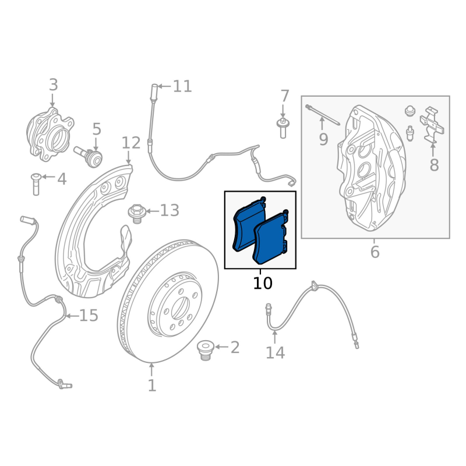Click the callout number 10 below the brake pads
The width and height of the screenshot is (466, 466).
(x=263, y=284)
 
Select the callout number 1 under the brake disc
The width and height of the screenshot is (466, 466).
(x=152, y=386)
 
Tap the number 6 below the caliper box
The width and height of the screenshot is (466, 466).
(x=375, y=252)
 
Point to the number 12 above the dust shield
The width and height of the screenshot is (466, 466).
(x=131, y=143)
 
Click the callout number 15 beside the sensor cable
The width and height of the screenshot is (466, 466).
(x=89, y=316)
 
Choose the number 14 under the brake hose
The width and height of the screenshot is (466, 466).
(x=275, y=352)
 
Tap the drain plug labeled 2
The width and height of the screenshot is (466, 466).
(x=205, y=350)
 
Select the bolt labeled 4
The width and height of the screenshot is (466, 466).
(x=34, y=184)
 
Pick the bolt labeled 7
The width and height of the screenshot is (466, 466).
(x=283, y=127)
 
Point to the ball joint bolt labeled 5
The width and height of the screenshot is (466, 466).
(x=89, y=156)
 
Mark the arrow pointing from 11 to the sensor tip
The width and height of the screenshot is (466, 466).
(x=164, y=87)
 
